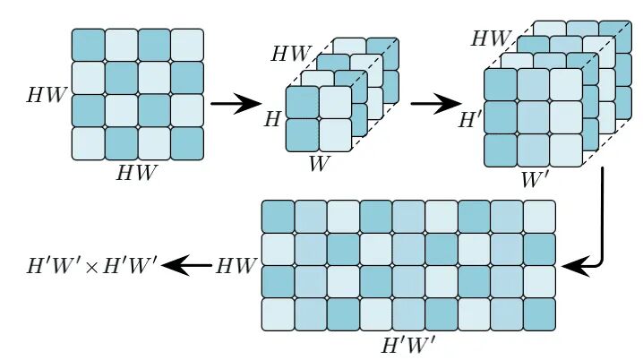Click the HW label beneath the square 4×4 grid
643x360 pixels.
pyautogui.click(x=136, y=174)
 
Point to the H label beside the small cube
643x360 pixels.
pyautogui.click(x=272, y=117)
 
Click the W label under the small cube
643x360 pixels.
pyautogui.click(x=318, y=163)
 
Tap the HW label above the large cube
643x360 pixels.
pyautogui.click(x=492, y=39)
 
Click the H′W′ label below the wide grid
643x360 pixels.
pyautogui.click(x=407, y=343)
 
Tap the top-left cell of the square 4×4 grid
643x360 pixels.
pyautogui.click(x=89, y=44)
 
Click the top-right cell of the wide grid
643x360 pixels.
pyautogui.click(x=539, y=217)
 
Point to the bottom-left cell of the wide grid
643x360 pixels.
pyautogui.click(x=278, y=313)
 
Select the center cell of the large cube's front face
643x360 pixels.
pyautogui.click(x=533, y=116)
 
